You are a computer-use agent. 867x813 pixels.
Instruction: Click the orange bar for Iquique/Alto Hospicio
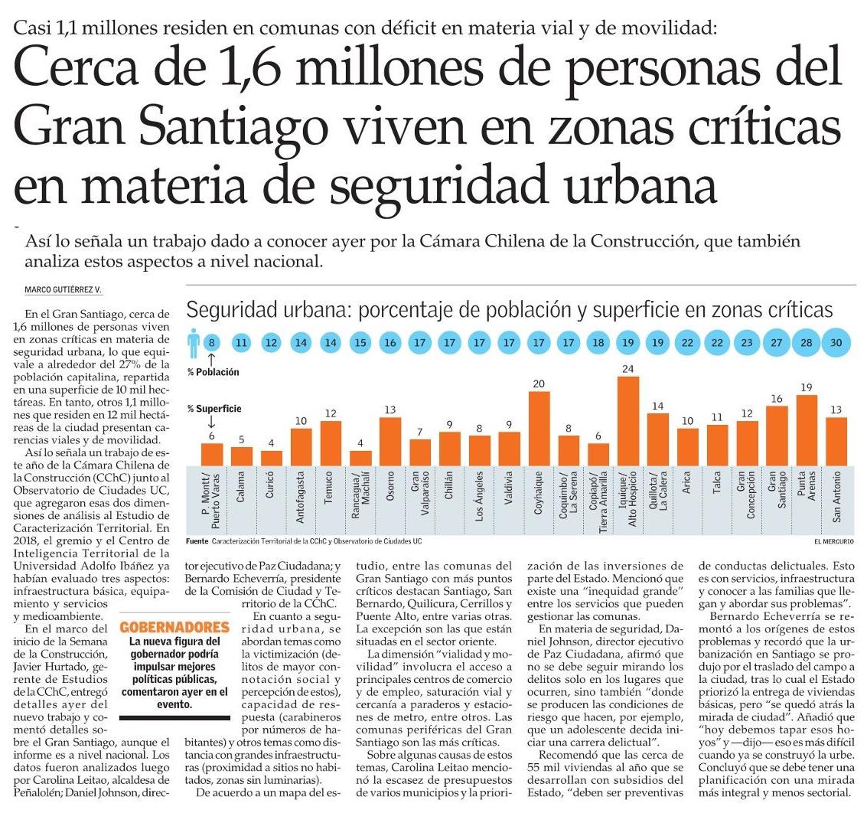(628, 421)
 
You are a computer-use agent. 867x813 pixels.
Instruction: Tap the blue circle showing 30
(836, 343)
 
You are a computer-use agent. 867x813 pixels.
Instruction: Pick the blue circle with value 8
(212, 343)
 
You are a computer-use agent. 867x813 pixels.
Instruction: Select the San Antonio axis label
(836, 501)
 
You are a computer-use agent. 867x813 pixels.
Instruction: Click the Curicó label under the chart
(271, 501)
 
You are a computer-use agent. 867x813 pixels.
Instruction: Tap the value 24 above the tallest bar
(628, 369)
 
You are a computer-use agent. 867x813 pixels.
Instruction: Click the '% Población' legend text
(213, 372)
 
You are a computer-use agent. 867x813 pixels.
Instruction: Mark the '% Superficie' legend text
(213, 408)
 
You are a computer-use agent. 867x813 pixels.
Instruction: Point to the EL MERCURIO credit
(835, 541)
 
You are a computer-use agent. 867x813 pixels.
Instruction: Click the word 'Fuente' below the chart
(197, 541)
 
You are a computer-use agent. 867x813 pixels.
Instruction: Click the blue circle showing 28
(806, 343)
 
